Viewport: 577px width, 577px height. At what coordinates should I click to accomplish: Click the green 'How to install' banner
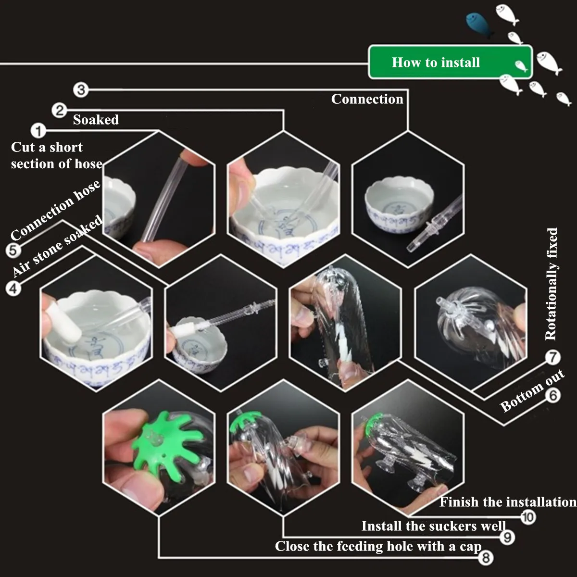450,62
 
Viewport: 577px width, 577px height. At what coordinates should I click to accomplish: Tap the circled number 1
38,131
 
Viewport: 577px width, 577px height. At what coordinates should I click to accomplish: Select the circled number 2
59,111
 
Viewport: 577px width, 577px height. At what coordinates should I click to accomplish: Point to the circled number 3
81,90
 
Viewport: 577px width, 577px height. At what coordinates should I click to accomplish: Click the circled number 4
13,288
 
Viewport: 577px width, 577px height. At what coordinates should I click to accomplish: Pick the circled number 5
13,250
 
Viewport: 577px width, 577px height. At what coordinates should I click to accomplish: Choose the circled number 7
553,357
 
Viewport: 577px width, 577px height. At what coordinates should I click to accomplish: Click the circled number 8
486,558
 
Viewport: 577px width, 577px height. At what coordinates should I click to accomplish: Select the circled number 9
508,538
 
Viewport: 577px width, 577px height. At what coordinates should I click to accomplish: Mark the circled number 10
528,517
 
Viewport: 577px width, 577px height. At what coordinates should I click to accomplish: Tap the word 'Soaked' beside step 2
96,119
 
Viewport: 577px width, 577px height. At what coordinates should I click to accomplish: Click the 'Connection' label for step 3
367,99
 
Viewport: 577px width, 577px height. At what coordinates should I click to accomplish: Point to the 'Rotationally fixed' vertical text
551,284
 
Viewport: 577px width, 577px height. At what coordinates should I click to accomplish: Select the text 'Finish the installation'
508,502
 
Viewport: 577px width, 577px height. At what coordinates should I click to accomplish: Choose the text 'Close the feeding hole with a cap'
378,546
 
